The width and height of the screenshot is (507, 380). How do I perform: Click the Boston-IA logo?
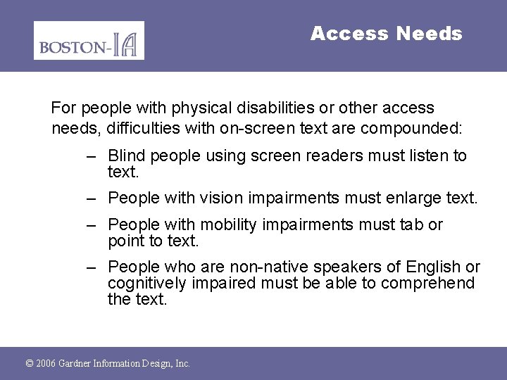(89, 41)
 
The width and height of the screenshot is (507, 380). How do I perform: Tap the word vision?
(221, 198)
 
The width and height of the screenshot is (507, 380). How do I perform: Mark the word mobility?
(227, 225)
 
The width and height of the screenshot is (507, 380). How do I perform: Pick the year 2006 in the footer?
(46, 364)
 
